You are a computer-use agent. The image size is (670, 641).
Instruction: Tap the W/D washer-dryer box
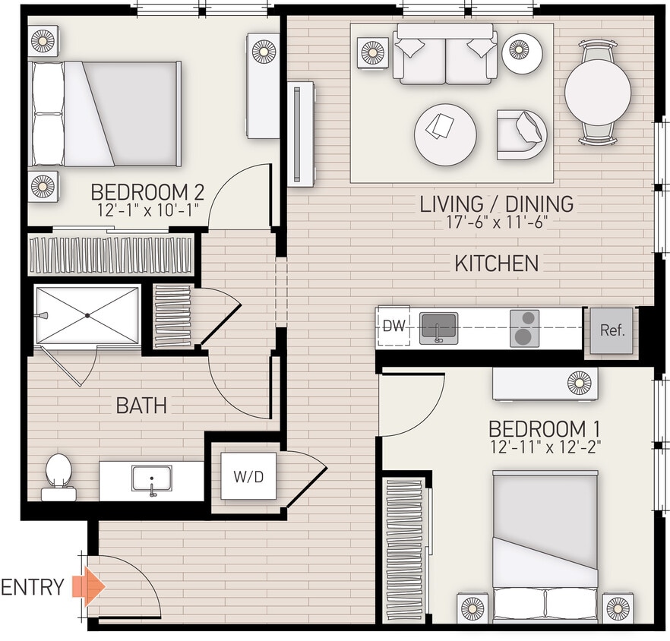point(248,476)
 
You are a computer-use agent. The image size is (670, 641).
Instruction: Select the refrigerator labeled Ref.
point(612,330)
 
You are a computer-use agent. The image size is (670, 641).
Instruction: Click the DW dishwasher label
point(393,327)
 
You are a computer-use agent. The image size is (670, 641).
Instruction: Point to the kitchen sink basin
point(438,327)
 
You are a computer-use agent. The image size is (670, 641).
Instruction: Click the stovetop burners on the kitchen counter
point(524,328)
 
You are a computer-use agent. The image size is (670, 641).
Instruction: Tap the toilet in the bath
point(58,475)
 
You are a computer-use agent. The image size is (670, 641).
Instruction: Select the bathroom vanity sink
point(151,479)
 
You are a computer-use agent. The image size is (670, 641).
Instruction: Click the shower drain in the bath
point(87,314)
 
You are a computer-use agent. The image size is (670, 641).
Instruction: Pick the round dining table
point(597,93)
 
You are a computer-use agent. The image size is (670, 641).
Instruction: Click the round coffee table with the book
point(445,134)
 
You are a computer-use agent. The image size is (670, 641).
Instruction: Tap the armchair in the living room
point(523,134)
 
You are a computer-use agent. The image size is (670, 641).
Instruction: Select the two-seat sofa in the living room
point(444,55)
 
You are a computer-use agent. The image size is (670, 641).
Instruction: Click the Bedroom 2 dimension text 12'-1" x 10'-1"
point(147,210)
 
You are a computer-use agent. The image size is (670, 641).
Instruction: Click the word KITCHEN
point(496,264)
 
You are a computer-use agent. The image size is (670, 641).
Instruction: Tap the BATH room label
point(141,406)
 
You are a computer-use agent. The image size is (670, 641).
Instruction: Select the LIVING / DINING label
point(497,204)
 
